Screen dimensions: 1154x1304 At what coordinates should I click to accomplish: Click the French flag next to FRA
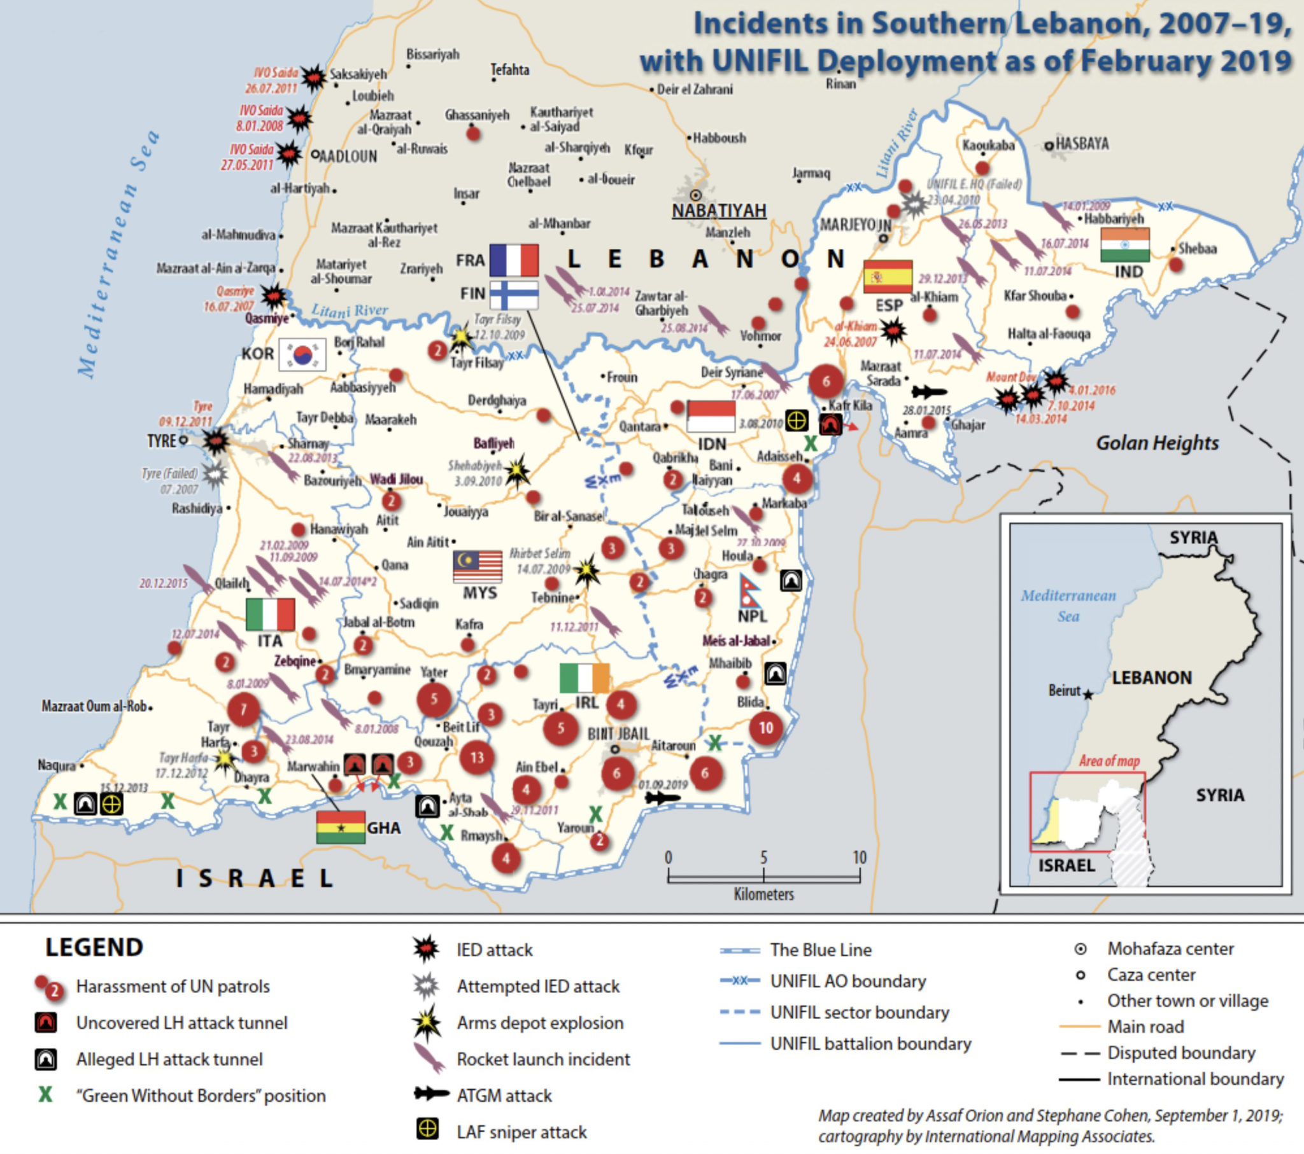(x=514, y=260)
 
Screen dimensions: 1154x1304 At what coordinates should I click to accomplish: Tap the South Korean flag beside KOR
(x=302, y=354)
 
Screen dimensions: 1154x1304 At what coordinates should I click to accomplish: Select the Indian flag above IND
(x=1124, y=245)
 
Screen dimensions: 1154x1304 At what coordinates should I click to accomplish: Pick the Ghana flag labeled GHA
(x=341, y=827)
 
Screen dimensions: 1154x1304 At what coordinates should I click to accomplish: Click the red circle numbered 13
(x=476, y=758)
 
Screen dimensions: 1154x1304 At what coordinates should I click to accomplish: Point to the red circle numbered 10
(x=765, y=728)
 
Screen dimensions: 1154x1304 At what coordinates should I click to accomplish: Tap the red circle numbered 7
(x=243, y=709)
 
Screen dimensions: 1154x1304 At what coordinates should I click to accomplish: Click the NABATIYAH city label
(x=719, y=211)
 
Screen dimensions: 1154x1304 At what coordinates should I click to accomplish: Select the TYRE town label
(x=160, y=441)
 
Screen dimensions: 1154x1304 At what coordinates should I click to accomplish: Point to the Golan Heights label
(x=1157, y=443)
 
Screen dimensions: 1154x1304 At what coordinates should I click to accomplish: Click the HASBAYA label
(x=1081, y=144)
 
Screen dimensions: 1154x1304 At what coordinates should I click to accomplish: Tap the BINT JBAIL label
(x=618, y=734)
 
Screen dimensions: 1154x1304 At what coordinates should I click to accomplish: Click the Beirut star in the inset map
(x=1088, y=695)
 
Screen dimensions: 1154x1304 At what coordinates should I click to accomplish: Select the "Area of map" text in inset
(x=1109, y=761)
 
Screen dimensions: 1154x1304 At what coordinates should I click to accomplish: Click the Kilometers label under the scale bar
(x=763, y=894)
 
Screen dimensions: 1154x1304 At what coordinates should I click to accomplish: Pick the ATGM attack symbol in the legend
(x=431, y=1094)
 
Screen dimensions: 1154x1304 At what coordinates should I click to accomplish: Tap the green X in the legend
(x=45, y=1095)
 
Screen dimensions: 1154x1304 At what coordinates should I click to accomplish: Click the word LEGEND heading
(x=94, y=947)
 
